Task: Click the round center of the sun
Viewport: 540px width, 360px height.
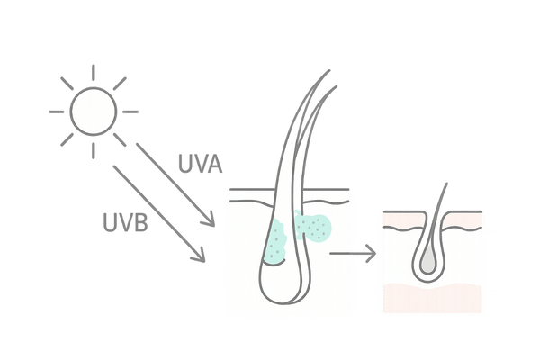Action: (94, 112)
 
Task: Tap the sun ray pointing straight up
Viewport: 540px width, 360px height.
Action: (94, 73)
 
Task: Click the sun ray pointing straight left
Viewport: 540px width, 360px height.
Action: (56, 112)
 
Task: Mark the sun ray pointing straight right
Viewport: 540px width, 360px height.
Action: (132, 112)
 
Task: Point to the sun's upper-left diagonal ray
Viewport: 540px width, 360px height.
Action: (67, 84)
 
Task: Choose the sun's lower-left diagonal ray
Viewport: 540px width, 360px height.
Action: (67, 139)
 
